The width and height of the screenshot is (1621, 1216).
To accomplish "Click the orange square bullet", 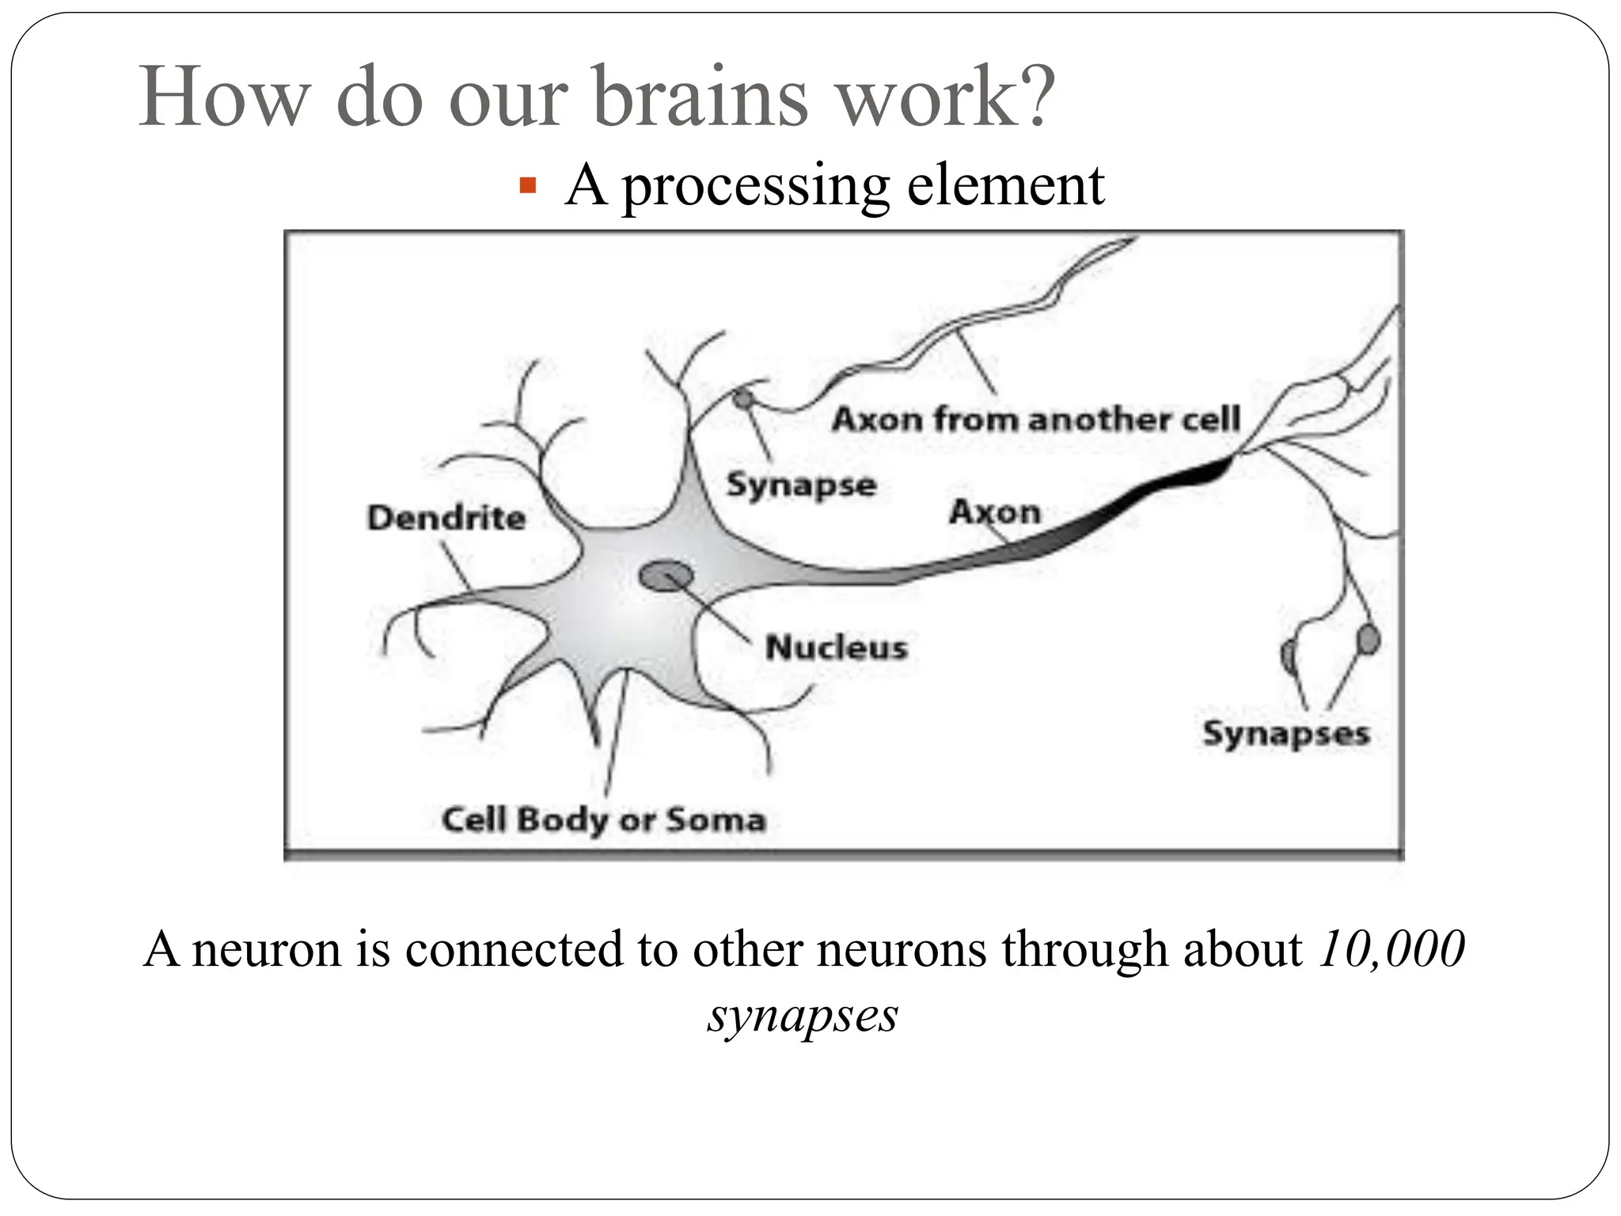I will [x=527, y=187].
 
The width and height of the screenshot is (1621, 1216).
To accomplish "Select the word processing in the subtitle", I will [x=755, y=187].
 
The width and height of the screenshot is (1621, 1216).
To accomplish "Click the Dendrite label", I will [x=446, y=518].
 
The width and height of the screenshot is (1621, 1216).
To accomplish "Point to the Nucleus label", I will [x=837, y=648].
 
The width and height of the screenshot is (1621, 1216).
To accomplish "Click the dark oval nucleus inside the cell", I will [x=666, y=576].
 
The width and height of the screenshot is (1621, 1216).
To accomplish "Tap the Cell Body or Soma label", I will [x=604, y=819].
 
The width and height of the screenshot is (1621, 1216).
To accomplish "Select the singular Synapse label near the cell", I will [x=801, y=484].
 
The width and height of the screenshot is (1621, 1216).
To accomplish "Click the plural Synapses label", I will [x=1285, y=733].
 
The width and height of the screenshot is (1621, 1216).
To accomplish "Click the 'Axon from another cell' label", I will [x=1035, y=419].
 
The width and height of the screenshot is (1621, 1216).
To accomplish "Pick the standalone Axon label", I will [x=995, y=511].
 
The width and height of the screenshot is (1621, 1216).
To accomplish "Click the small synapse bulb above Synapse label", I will [x=742, y=399].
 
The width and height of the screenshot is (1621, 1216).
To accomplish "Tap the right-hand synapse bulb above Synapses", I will [x=1368, y=639].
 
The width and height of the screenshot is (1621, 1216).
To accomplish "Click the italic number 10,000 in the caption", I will [x=1391, y=949].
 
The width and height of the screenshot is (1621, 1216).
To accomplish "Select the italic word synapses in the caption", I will [x=803, y=1014].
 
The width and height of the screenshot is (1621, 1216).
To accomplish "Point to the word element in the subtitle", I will [x=1005, y=187].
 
